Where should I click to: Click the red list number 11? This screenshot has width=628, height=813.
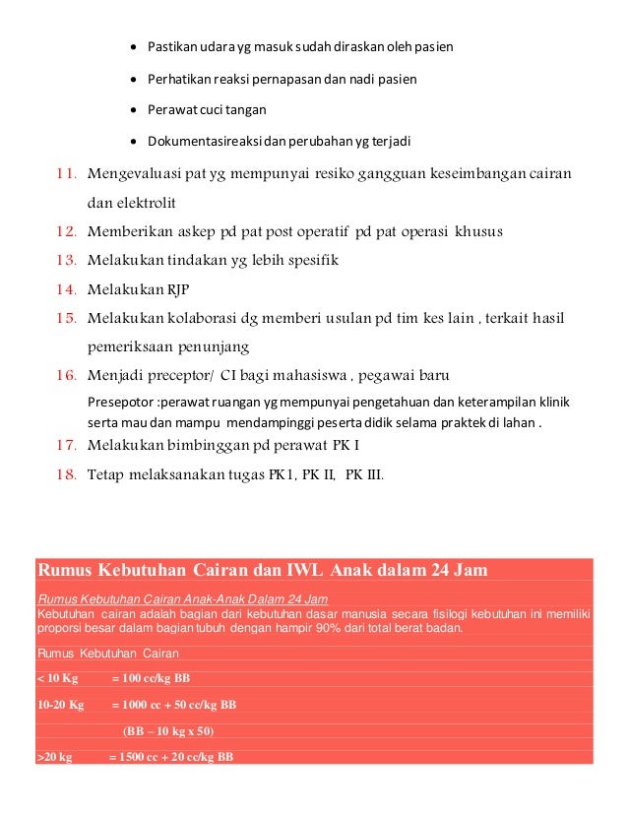pos(67,175)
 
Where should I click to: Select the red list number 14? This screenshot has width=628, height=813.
pos(67,289)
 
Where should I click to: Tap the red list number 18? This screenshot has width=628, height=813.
pos(67,475)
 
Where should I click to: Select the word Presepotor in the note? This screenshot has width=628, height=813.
pos(121,403)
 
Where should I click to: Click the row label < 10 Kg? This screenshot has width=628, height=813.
pos(57,678)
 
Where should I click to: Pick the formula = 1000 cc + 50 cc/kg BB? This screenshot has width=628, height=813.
pos(173,705)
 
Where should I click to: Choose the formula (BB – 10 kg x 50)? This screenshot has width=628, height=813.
pos(167,731)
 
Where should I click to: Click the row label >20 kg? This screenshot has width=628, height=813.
pos(55,757)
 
